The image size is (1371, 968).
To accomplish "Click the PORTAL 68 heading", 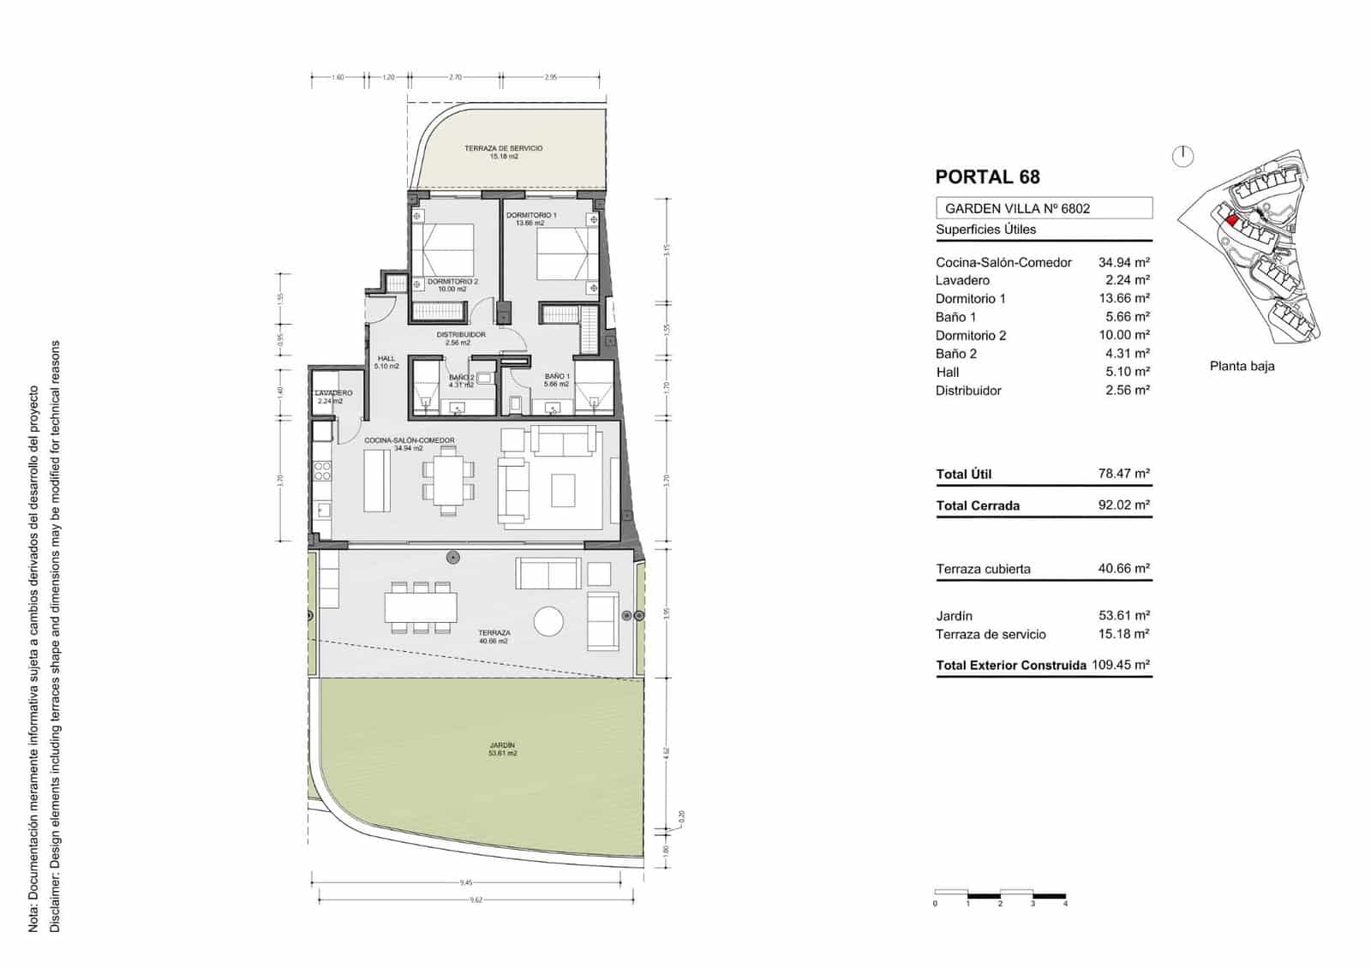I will click(x=987, y=177).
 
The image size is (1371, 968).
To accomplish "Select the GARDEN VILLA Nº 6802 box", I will click(x=1043, y=208).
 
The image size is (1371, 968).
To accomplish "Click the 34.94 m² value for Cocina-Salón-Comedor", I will click(x=1123, y=262).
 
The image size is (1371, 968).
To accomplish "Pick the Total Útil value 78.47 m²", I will click(x=1123, y=473).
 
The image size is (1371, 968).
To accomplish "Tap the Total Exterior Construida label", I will click(x=1011, y=665).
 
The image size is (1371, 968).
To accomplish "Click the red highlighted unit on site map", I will click(x=1231, y=220).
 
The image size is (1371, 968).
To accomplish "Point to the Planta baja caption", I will click(x=1242, y=366).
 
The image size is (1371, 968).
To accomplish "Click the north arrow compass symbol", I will click(x=1183, y=156).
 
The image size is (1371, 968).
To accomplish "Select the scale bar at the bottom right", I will click(x=1000, y=894).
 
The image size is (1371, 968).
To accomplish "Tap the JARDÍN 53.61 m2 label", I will click(x=503, y=750).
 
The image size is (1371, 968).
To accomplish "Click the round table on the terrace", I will click(x=548, y=621).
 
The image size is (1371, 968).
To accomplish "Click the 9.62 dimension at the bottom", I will click(x=476, y=899).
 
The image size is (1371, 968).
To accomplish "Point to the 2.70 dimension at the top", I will click(x=455, y=77).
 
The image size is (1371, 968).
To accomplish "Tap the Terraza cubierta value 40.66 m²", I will click(x=1123, y=568).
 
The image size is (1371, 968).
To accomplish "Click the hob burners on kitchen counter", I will click(x=323, y=470).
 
